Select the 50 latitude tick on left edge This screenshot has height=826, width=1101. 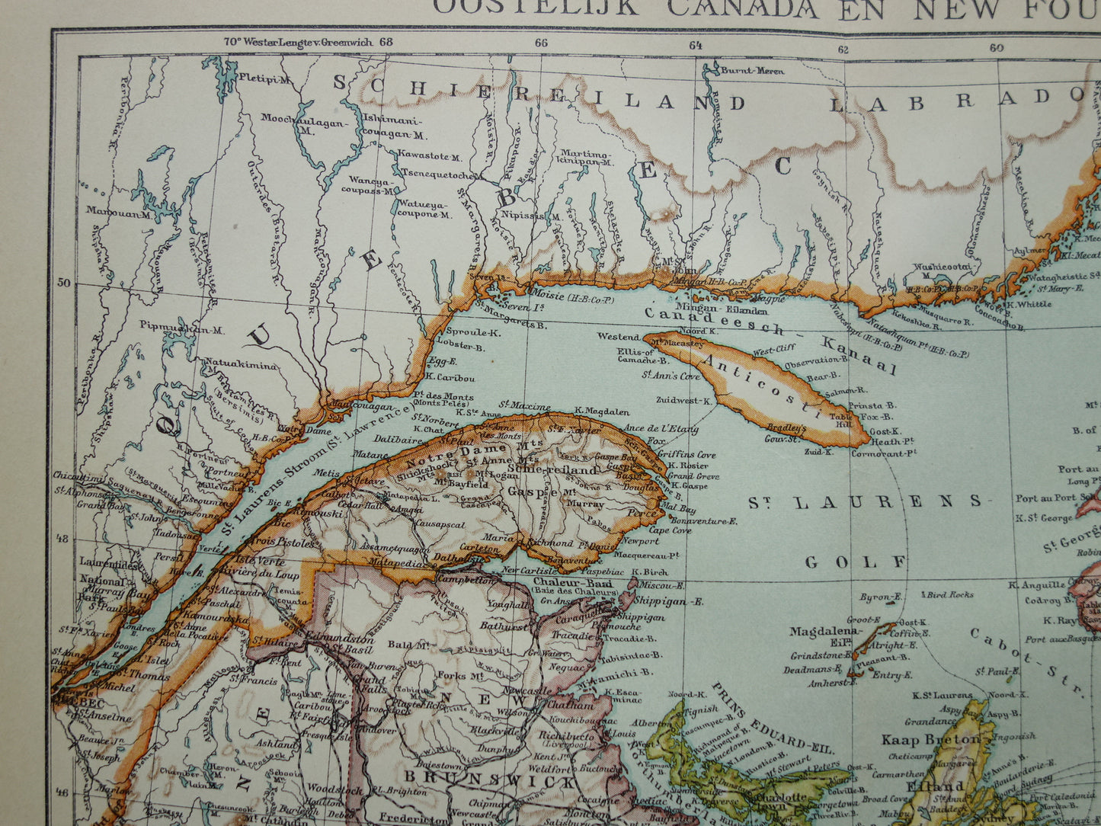click(66, 283)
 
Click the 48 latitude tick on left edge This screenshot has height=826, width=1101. click(66, 539)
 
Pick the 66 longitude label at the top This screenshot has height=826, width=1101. click(541, 43)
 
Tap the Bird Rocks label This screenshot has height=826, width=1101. click(949, 594)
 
